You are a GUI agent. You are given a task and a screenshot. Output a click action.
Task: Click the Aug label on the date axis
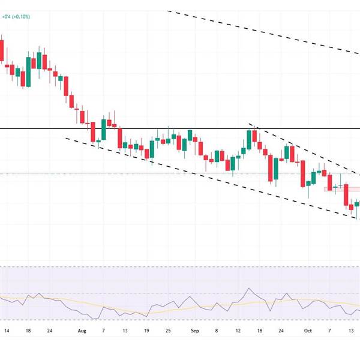[82, 331]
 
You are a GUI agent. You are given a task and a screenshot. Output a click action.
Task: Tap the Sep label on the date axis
[194, 331]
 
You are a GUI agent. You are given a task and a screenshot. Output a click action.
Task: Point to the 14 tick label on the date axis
[7, 331]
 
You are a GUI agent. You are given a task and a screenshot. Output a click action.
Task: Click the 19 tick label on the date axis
[146, 331]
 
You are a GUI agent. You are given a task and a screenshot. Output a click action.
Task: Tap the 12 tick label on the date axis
[238, 331]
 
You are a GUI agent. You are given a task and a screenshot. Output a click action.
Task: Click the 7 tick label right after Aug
[103, 331]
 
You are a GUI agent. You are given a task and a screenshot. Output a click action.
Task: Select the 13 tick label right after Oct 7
[349, 331]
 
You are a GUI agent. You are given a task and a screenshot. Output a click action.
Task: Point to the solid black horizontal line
[180, 128]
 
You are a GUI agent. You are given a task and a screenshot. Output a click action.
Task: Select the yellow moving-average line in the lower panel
[180, 308]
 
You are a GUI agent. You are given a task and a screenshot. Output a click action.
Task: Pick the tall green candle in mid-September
[248, 139]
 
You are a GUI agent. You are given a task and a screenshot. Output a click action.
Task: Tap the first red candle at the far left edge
[1, 50]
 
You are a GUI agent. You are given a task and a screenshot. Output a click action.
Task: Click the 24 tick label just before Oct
[280, 331]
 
